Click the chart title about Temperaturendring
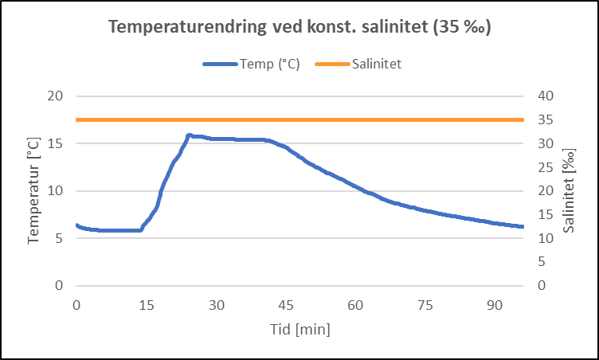299,27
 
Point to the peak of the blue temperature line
189,135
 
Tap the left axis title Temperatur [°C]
33,190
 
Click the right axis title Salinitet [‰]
568,190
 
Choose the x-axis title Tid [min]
299,329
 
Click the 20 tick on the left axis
56,96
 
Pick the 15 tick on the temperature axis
56,143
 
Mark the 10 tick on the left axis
56,190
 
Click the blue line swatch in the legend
220,65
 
